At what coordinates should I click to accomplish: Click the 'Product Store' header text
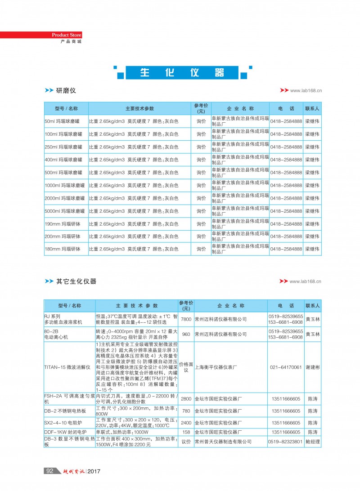67,35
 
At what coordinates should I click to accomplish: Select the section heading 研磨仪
66,90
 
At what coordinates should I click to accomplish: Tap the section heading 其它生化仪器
76,281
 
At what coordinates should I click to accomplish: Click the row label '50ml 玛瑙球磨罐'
63,121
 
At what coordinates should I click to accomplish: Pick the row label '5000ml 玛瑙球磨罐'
65,211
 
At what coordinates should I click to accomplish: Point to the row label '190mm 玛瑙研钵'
63,223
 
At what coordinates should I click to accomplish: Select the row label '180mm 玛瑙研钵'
63,249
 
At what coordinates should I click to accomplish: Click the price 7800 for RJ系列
186,319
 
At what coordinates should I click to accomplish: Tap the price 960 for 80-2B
186,334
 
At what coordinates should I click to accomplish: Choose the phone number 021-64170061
286,367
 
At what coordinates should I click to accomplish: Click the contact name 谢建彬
312,367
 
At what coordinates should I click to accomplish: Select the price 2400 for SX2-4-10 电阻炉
186,423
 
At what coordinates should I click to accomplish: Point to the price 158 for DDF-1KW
186,432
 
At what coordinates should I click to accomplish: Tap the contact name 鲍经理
313,442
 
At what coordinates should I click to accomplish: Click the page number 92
50,471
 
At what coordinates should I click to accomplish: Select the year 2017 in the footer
94,471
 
